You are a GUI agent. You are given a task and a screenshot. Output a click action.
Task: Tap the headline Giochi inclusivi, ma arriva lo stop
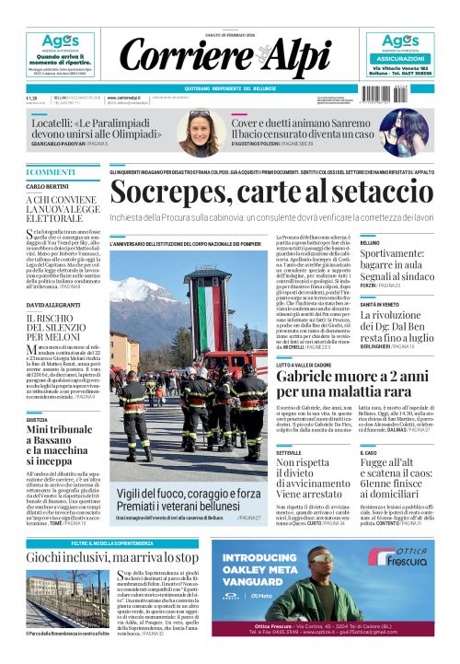(x=111, y=558)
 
